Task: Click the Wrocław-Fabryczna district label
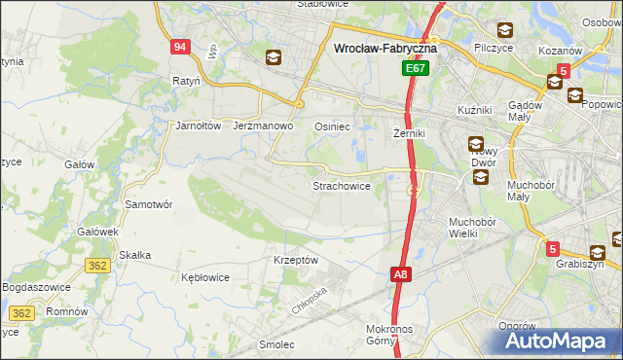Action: click(x=385, y=47)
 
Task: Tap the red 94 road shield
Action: click(x=178, y=47)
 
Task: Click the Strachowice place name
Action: click(x=341, y=185)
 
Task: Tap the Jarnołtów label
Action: click(x=199, y=126)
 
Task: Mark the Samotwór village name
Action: click(x=149, y=204)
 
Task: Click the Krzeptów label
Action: click(x=296, y=260)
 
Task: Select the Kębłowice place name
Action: click(x=205, y=277)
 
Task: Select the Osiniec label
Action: click(x=332, y=126)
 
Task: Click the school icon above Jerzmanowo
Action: click(x=274, y=58)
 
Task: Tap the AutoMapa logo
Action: click(x=558, y=341)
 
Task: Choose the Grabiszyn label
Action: click(x=580, y=264)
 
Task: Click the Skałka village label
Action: click(x=133, y=255)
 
